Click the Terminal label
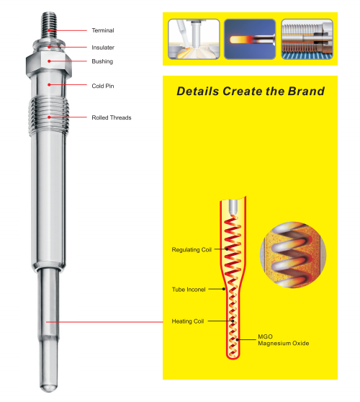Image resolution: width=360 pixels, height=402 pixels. click(103, 30)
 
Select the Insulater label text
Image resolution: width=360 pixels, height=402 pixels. click(103, 48)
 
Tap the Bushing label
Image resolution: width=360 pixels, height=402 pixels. click(102, 61)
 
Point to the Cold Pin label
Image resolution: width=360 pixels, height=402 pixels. click(103, 86)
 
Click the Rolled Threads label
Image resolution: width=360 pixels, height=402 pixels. click(112, 117)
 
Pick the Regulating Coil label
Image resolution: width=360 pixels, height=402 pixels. click(192, 250)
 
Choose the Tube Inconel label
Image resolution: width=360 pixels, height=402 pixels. click(189, 290)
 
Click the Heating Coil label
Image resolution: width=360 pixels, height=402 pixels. click(188, 321)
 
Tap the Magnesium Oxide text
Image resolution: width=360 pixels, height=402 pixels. click(284, 344)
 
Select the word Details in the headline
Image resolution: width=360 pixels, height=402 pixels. click(198, 91)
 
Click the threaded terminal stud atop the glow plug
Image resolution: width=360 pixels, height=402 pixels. click(49, 25)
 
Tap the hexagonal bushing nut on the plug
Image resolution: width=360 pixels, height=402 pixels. click(49, 63)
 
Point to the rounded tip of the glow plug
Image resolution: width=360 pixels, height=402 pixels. click(48, 388)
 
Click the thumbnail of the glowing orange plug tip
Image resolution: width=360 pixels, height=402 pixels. click(250, 39)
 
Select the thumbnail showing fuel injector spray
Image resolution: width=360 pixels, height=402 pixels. click(194, 39)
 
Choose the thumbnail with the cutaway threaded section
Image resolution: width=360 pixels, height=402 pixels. click(307, 39)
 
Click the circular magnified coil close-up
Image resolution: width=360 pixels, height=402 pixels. click(293, 254)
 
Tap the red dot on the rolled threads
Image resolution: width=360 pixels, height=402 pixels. click(49, 117)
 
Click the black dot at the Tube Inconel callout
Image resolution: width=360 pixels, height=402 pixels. click(224, 289)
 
